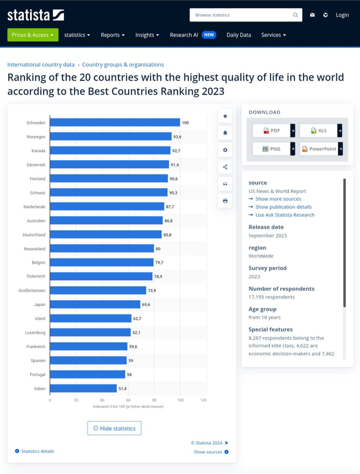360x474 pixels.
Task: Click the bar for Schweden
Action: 115,122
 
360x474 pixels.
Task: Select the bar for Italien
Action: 83,389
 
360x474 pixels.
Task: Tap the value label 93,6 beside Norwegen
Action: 177,137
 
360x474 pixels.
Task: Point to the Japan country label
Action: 40,305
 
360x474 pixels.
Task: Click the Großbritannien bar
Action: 98,291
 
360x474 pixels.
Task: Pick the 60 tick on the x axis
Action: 128,400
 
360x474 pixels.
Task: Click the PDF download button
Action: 271,131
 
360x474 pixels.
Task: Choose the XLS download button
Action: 318,131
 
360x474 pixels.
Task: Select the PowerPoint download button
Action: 318,149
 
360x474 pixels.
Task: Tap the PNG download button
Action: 271,149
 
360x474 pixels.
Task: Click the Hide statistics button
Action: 114,428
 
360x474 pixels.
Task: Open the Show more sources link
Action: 278,199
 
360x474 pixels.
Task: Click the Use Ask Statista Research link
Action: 284,215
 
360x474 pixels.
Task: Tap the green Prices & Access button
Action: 33,35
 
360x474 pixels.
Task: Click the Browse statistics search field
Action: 242,15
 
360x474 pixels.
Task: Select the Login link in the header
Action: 342,15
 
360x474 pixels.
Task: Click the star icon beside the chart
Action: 225,116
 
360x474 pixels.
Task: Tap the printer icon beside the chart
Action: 225,201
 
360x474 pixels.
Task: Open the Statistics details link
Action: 37,451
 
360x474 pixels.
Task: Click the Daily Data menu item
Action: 239,35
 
